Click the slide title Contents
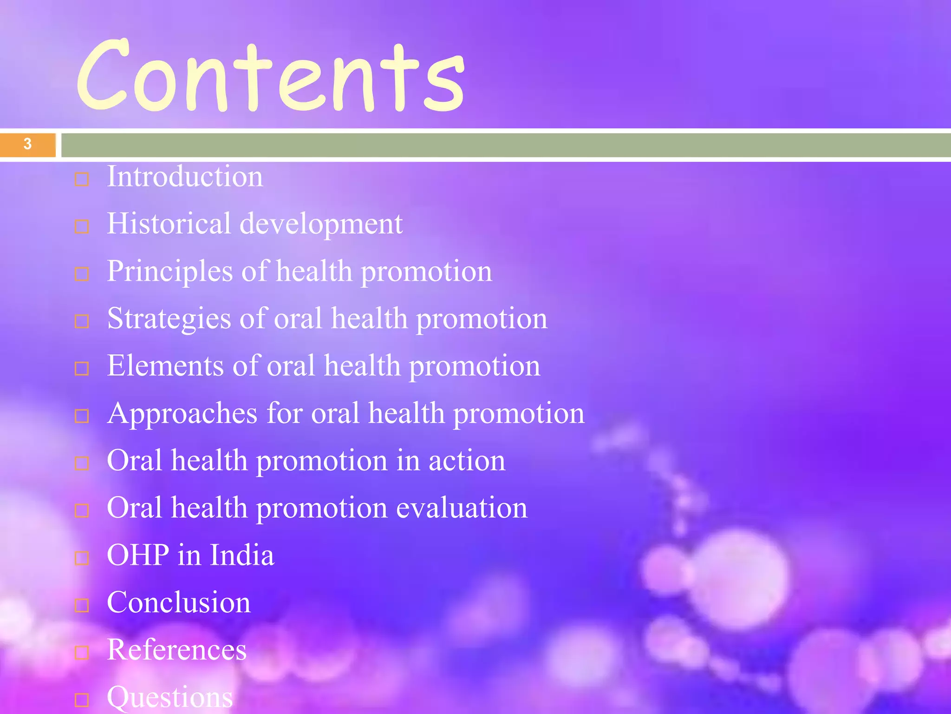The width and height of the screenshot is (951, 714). click(271, 77)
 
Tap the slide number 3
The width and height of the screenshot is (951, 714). click(27, 144)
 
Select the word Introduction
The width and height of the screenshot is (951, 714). click(185, 177)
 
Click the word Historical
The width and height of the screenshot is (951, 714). click(169, 224)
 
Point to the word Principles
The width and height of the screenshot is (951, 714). click(169, 271)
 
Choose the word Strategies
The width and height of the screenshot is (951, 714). click(169, 319)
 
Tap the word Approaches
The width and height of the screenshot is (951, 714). click(182, 414)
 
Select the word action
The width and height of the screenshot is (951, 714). click(467, 461)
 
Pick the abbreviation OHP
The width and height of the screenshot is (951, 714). click(138, 555)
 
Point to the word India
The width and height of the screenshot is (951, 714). click(242, 555)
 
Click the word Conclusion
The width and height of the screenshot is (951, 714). click(179, 602)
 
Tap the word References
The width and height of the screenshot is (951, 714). click(176, 650)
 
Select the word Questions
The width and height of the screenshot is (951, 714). click(170, 697)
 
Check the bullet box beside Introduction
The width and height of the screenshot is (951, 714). click(82, 179)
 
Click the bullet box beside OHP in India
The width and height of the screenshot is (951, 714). click(82, 558)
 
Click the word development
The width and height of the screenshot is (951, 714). click(321, 225)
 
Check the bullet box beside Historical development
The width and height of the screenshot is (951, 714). click(82, 227)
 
